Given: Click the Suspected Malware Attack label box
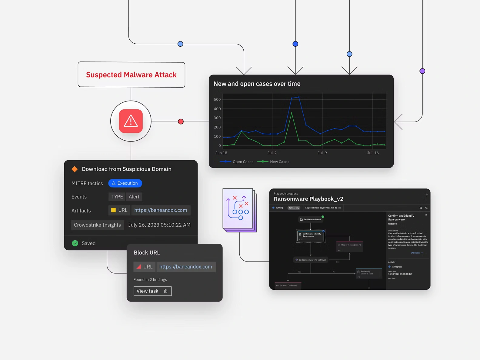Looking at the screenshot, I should pyautogui.click(x=131, y=75).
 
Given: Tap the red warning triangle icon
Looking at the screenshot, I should pyautogui.click(x=131, y=121).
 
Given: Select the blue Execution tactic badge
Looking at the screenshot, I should pyautogui.click(x=125, y=183).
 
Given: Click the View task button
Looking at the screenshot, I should pyautogui.click(x=152, y=291).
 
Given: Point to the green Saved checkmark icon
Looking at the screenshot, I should pyautogui.click(x=75, y=243).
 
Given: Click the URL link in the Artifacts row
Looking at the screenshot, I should pyautogui.click(x=161, y=210).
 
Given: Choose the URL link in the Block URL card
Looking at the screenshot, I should pyautogui.click(x=186, y=267).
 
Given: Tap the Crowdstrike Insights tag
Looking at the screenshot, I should pyautogui.click(x=97, y=225).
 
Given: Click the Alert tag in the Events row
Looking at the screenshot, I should pyautogui.click(x=134, y=197).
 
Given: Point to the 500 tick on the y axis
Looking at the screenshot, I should pyautogui.click(x=217, y=99).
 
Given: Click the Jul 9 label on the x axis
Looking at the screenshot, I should pyautogui.click(x=322, y=153).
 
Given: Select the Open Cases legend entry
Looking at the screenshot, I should pyautogui.click(x=237, y=162).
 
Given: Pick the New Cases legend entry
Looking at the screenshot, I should pyautogui.click(x=274, y=162).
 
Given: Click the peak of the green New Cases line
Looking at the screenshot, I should pyautogui.click(x=292, y=113).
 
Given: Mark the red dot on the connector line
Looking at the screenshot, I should pyautogui.click(x=181, y=122).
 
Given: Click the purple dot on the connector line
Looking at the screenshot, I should pyautogui.click(x=422, y=71).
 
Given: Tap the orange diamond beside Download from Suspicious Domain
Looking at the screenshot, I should pyautogui.click(x=75, y=169).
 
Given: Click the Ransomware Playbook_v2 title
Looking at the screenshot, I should pyautogui.click(x=308, y=199).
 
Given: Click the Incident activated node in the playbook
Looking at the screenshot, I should pyautogui.click(x=311, y=219).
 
